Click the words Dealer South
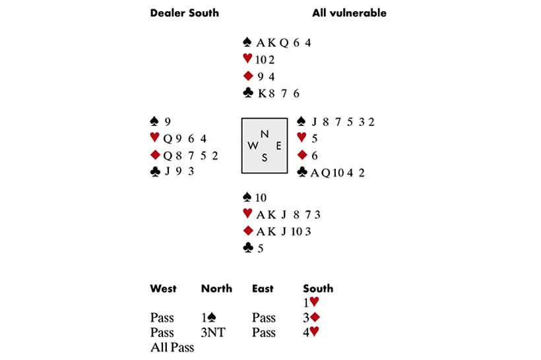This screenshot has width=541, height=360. [184, 13]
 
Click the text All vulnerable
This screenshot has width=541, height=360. [349, 13]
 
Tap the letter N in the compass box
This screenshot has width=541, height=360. [265, 134]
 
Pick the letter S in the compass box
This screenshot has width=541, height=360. [265, 158]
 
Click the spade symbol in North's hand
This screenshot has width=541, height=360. [248, 43]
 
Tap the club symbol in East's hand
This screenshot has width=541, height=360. [302, 173]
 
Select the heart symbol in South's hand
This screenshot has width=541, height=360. [248, 214]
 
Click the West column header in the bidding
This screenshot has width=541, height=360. [163, 288]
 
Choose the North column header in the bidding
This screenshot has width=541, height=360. [216, 288]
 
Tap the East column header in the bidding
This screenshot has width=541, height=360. [263, 288]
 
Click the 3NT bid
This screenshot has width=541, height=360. [213, 332]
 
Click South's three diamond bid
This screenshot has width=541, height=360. [311, 318]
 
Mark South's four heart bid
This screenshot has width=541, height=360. [311, 332]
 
